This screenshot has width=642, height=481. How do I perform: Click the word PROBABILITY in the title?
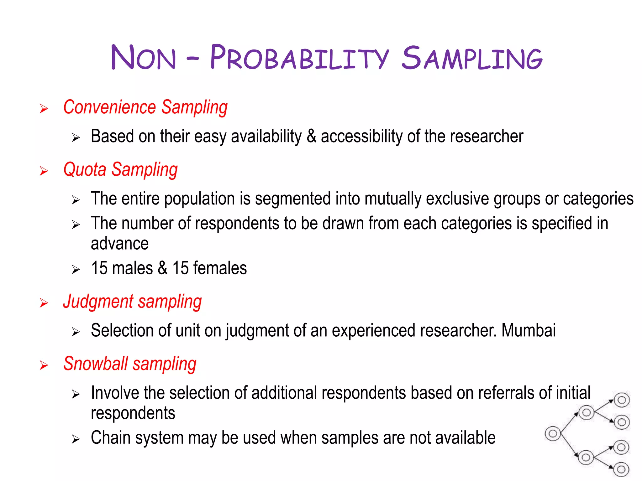click(x=299, y=58)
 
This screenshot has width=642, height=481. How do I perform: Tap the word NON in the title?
click(x=144, y=58)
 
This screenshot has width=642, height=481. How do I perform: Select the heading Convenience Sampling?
click(x=145, y=107)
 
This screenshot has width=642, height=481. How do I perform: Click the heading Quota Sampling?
click(x=120, y=170)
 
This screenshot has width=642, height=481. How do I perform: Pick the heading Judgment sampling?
click(x=132, y=302)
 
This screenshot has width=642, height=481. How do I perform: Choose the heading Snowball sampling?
click(x=130, y=364)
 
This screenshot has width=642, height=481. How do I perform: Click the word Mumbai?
click(x=529, y=330)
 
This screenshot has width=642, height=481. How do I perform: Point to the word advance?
click(x=119, y=244)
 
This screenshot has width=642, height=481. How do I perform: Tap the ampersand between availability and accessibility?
click(x=311, y=137)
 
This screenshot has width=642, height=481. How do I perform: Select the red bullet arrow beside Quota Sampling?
click(x=44, y=171)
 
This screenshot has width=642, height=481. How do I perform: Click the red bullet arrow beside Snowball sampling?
click(x=44, y=365)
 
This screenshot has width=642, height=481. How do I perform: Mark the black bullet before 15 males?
click(x=76, y=270)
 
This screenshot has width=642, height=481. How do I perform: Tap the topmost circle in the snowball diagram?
click(x=622, y=400)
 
